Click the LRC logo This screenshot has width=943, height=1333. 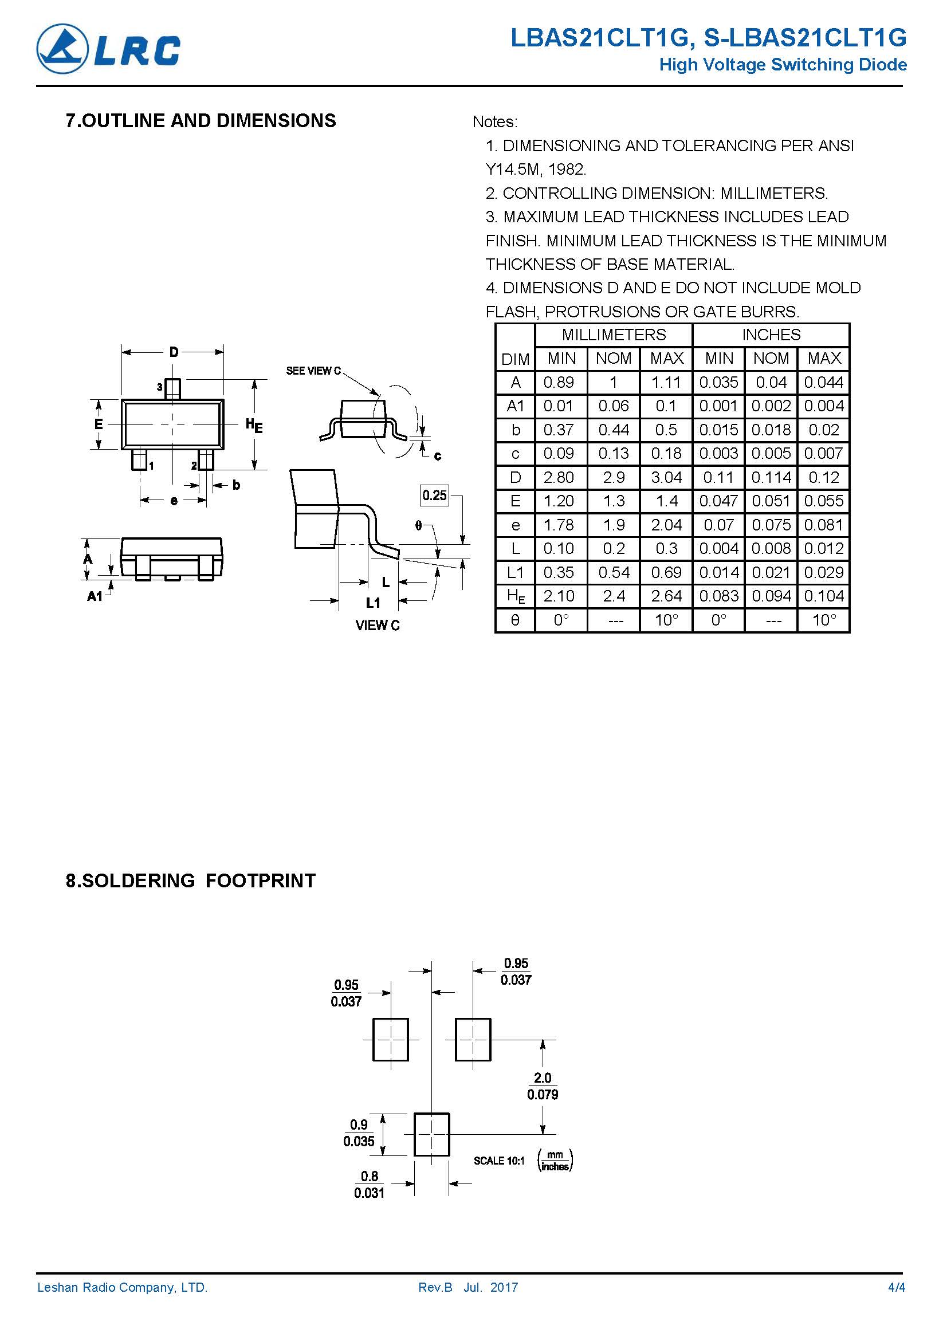[x=109, y=49]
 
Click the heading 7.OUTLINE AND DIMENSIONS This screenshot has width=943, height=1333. [x=201, y=121]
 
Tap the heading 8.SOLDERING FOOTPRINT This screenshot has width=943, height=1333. [x=190, y=880]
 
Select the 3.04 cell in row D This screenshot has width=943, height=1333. [x=666, y=477]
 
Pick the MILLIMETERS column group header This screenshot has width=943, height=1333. [x=614, y=335]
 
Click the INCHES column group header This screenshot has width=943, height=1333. [x=771, y=335]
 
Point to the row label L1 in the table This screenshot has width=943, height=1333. [x=515, y=572]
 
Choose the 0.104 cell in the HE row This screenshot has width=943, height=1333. [x=824, y=596]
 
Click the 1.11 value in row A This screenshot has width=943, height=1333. [x=666, y=383]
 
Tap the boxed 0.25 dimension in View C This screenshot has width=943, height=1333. [x=434, y=496]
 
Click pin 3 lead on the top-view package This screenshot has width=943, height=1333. [x=172, y=388]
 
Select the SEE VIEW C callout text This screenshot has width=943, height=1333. [x=313, y=371]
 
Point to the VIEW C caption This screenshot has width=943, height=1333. [x=378, y=626]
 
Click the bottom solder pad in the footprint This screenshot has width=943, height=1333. [x=431, y=1134]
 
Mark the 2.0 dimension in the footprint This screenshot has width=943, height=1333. [x=543, y=1078]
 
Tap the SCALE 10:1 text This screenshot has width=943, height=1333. [x=499, y=1160]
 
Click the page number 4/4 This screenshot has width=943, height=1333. [x=897, y=1287]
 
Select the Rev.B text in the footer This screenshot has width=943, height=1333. [x=435, y=1287]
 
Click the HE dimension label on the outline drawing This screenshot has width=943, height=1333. [x=254, y=426]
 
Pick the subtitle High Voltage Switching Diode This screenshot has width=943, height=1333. [x=783, y=64]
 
